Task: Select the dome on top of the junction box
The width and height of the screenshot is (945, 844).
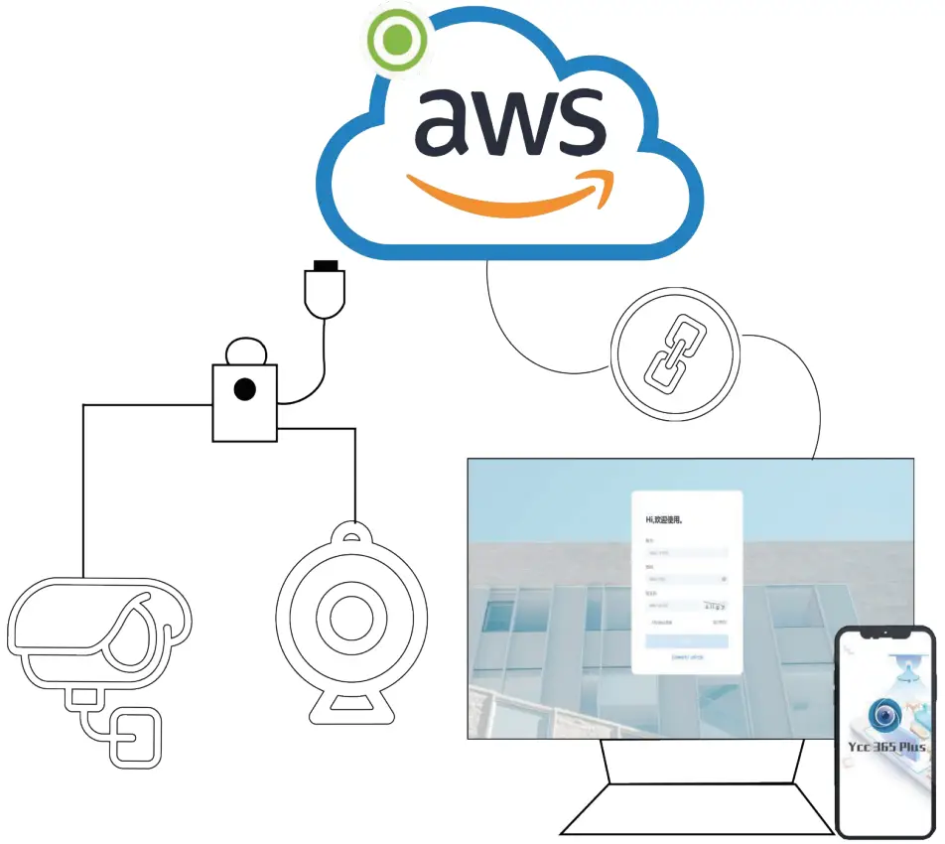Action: coord(244,353)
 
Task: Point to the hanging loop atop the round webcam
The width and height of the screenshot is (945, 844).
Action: coord(350,536)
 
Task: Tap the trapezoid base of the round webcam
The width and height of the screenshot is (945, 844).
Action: coord(350,706)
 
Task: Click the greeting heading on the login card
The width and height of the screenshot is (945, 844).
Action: coord(665,519)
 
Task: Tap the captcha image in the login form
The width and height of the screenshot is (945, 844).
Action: coord(715,604)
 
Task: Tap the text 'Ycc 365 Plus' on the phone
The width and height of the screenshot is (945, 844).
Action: coord(886,747)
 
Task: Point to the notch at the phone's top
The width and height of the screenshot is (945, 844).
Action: coord(885,633)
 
